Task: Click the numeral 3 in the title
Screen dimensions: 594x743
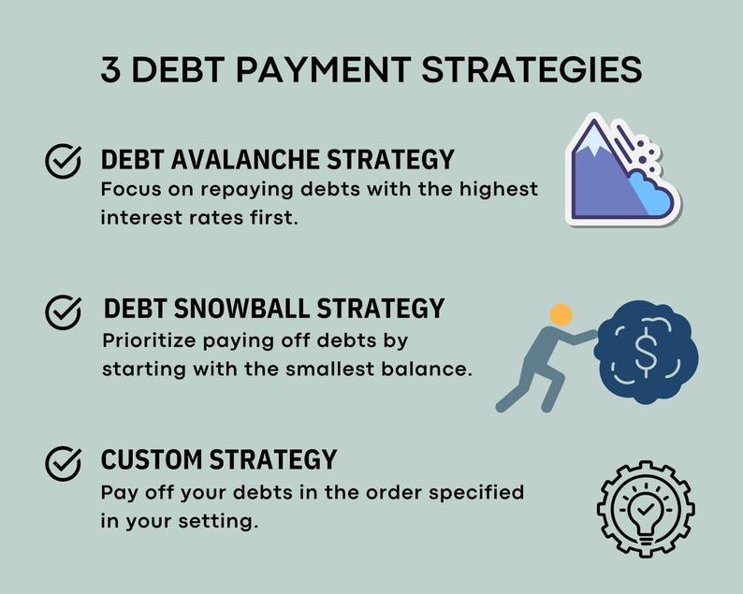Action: click(111, 72)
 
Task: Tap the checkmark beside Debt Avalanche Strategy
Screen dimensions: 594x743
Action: click(63, 162)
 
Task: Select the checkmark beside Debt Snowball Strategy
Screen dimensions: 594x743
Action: click(63, 311)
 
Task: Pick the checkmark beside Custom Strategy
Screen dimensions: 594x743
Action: click(63, 462)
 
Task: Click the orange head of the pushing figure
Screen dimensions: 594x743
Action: click(561, 314)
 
